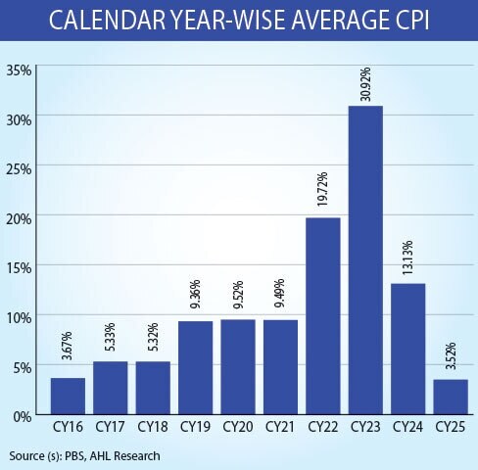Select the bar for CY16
68,397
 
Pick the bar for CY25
452,398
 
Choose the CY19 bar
196,368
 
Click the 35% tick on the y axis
20,70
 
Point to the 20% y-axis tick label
20,218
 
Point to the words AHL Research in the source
124,455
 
